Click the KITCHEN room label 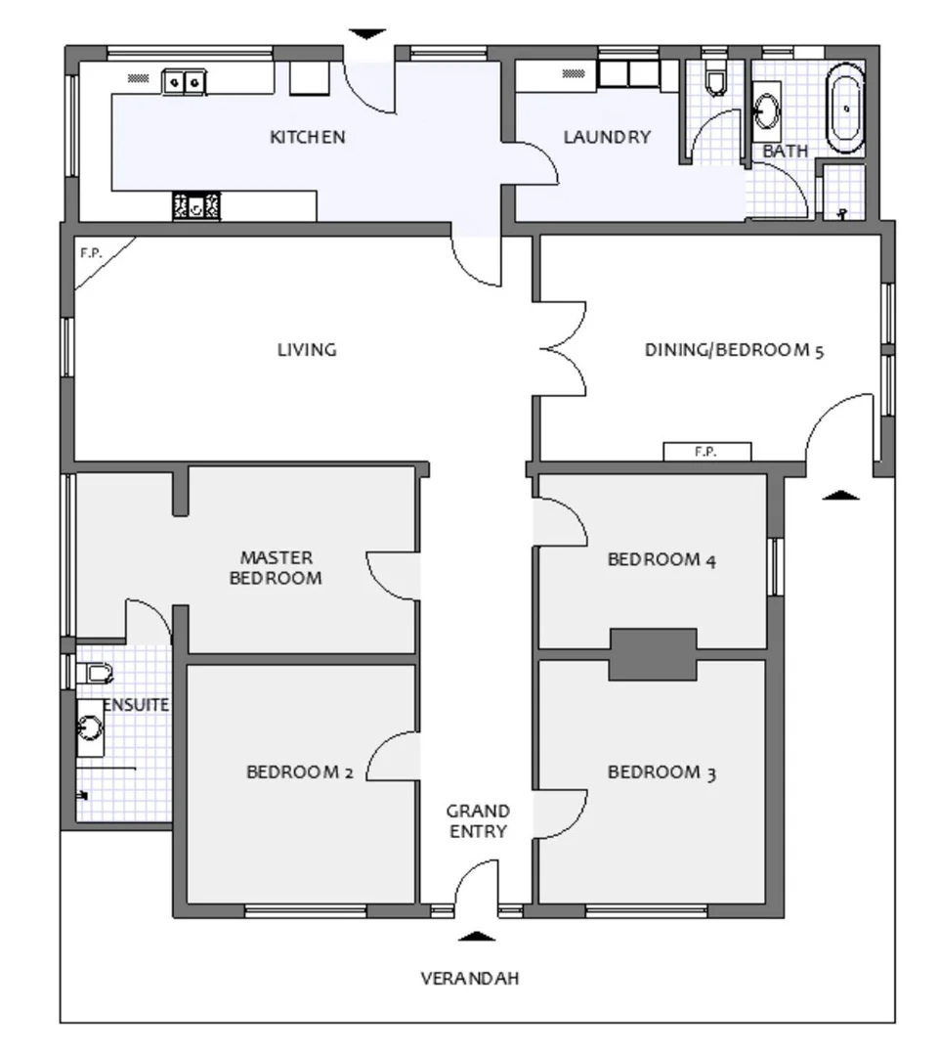308,138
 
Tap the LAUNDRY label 607,138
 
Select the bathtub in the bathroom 845,109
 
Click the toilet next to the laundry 715,79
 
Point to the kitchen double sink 184,82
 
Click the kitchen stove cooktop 196,206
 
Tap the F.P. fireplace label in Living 91,253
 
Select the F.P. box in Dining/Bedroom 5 706,451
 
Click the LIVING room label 307,350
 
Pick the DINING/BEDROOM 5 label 735,350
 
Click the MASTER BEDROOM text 276,568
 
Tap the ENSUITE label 137,705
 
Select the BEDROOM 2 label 300,771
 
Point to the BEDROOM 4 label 662,559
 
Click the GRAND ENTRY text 478,821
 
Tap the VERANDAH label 470,979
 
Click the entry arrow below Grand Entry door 477,936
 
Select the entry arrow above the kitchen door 367,34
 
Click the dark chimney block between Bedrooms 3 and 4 653,654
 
